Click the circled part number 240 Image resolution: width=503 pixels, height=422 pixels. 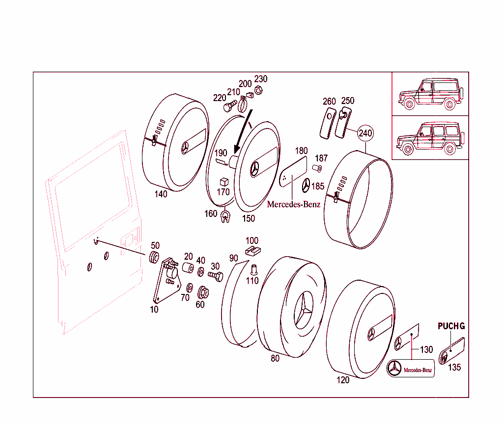click(x=365, y=132)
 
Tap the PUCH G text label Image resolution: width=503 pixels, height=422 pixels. click(x=451, y=326)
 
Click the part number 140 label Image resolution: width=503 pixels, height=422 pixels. click(x=160, y=194)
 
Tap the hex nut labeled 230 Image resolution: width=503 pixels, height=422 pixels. click(x=259, y=90)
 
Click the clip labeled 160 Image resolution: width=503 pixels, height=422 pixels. click(x=225, y=216)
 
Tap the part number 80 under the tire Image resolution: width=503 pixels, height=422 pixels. click(x=275, y=358)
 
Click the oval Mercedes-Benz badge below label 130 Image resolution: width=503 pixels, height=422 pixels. click(x=411, y=369)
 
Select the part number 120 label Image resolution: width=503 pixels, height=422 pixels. click(x=343, y=380)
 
